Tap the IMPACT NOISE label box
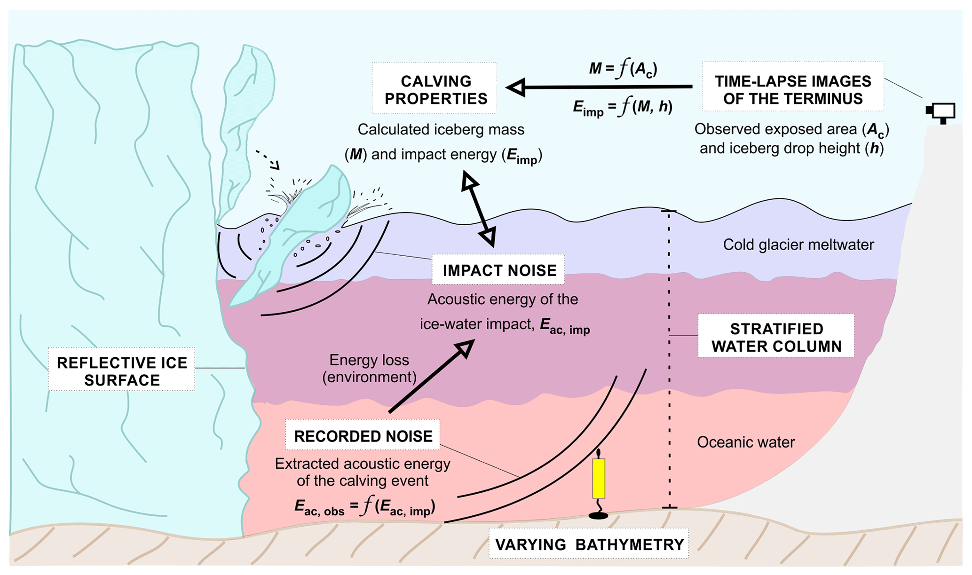498,270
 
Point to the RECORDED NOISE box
363,435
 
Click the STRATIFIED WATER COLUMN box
776,337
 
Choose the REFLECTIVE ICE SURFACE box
122,370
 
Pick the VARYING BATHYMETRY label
589,544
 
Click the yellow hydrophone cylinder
598,478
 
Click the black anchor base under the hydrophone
598,516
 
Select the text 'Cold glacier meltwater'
798,245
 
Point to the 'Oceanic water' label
745,442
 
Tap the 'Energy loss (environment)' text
369,369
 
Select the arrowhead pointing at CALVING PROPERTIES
516,87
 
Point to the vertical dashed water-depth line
669,357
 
